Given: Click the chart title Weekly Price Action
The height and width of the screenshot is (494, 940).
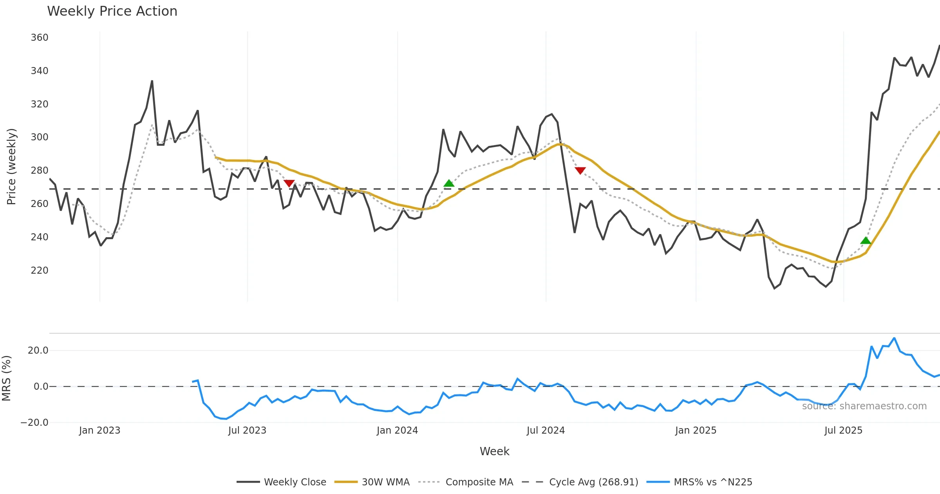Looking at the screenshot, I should [112, 11].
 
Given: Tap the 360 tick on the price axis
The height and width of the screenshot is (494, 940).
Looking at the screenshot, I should [40, 38].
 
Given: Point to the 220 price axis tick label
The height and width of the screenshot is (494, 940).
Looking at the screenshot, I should [40, 271].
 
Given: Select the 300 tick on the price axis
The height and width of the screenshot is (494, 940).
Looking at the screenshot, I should [40, 137].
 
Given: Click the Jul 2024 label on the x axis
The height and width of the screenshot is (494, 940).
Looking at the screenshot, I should [546, 430].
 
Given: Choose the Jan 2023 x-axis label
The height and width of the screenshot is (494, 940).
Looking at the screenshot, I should [99, 430].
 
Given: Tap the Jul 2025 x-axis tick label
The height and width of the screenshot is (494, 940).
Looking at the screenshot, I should [843, 430].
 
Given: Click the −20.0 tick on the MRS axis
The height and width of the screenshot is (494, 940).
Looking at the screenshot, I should [34, 423].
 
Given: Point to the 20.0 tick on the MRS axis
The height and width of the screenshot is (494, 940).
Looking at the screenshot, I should [38, 351].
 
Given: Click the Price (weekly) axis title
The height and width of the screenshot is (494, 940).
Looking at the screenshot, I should [11, 167].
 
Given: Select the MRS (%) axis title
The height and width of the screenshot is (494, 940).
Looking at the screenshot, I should [6, 378].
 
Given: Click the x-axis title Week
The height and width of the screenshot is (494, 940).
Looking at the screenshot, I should [494, 452].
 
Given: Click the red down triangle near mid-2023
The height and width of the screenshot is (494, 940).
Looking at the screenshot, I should [289, 183].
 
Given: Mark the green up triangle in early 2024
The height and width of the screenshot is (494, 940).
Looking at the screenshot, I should [449, 183].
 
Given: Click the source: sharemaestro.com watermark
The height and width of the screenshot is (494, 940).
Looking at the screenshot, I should [864, 406].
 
